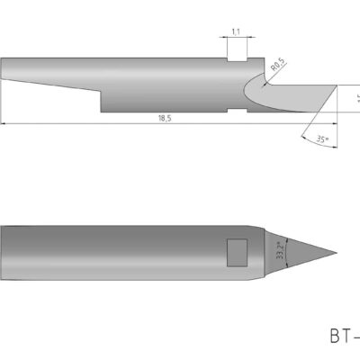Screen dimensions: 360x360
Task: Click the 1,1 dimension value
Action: pyautogui.click(x=235, y=32)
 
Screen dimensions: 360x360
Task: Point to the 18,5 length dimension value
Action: pyautogui.click(x=162, y=118)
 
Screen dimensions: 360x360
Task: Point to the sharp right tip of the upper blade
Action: pyautogui.click(x=336, y=86)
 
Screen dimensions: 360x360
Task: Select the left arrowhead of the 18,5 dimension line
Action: pyautogui.click(x=4, y=122)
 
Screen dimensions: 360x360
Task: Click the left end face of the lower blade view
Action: pyautogui.click(x=2, y=253)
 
